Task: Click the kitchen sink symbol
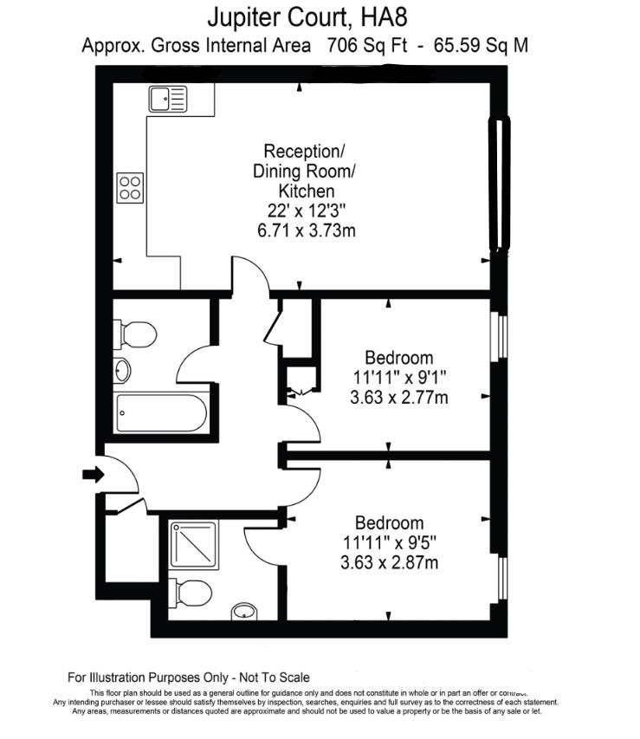168,100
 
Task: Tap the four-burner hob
131,188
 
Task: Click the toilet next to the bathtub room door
137,334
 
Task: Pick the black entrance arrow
93,474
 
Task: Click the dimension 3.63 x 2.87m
390,563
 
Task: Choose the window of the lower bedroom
500,580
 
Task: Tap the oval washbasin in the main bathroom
123,371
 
